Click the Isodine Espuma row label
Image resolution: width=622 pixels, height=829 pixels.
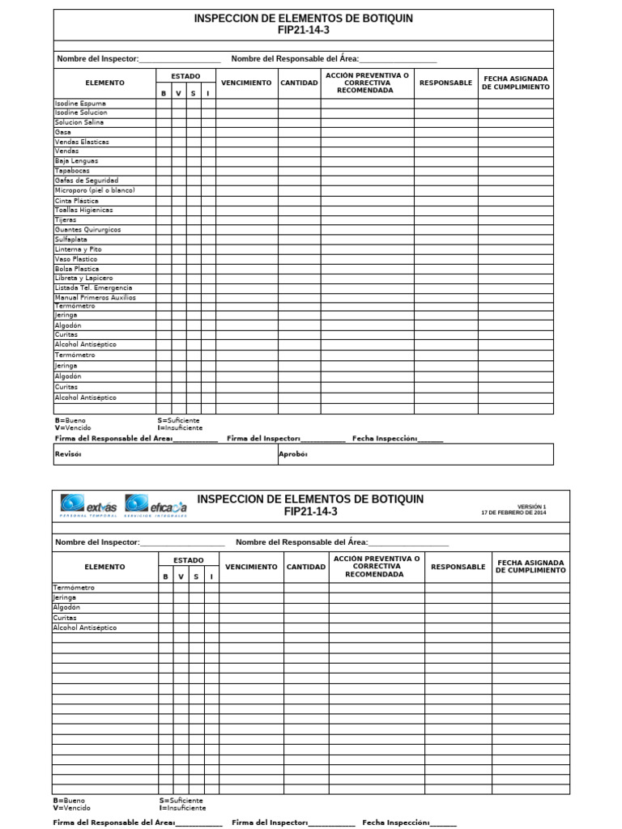(x=80, y=104)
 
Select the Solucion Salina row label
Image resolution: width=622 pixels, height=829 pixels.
(x=79, y=122)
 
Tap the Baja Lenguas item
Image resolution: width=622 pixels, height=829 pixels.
(x=76, y=161)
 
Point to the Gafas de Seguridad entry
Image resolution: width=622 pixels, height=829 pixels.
(x=87, y=181)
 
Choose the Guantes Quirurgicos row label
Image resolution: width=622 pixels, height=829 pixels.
(x=88, y=230)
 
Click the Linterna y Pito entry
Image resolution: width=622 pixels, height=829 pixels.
(x=79, y=249)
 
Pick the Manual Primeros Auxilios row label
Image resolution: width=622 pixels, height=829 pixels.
(x=96, y=297)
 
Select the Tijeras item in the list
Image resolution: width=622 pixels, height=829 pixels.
(x=66, y=219)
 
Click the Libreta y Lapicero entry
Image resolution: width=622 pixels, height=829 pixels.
(x=84, y=278)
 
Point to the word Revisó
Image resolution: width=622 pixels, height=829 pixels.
(x=68, y=455)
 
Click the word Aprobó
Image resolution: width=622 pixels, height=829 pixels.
(x=293, y=455)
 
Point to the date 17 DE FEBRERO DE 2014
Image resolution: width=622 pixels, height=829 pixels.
(x=513, y=513)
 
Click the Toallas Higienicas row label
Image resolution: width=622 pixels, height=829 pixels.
(x=84, y=210)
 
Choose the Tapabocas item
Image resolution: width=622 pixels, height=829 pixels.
(x=73, y=171)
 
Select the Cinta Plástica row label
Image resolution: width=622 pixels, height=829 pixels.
(x=77, y=200)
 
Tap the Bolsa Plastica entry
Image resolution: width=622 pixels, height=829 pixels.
(x=77, y=269)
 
